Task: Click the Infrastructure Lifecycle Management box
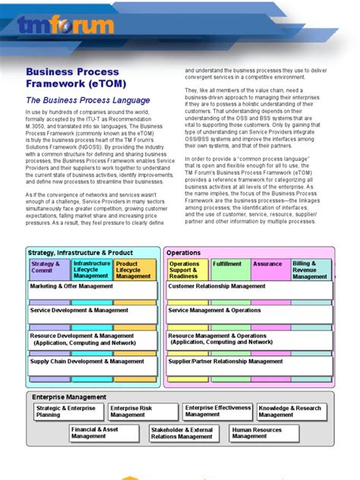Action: click(91, 270)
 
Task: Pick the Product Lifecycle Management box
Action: click(134, 270)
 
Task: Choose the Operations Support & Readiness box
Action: click(185, 270)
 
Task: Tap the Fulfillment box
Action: click(227, 265)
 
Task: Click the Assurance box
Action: click(267, 265)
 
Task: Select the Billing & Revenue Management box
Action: click(311, 270)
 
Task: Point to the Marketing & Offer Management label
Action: click(71, 286)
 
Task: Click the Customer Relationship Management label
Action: click(216, 286)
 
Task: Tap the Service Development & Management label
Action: click(79, 311)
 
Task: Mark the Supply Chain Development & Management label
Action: click(87, 362)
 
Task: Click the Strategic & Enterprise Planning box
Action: click(65, 412)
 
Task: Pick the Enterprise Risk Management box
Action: click(140, 412)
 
